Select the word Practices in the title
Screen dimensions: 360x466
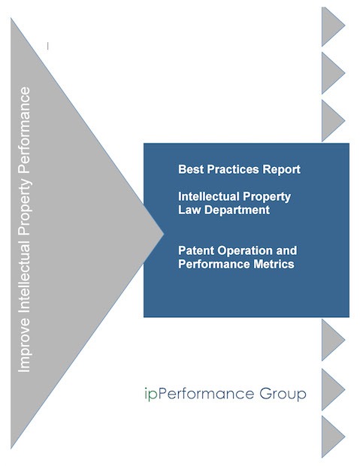229,169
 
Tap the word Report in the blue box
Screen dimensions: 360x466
277,170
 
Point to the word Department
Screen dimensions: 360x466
237,210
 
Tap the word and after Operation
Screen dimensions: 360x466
286,250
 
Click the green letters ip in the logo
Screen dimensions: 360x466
151,394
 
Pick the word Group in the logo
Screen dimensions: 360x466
283,395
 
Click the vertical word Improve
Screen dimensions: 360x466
24,346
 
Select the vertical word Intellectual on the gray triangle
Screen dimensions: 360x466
24,276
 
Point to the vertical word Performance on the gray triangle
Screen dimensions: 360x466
24,129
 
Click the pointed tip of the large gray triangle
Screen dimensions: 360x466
164,234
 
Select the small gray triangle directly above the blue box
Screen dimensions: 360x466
333,121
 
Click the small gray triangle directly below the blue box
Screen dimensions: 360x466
333,340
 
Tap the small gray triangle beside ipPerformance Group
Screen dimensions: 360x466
333,389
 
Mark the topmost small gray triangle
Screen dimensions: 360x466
333,26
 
